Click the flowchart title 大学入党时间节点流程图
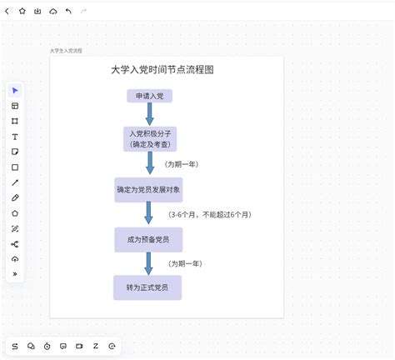pyautogui.click(x=162, y=70)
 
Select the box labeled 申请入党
pyautogui.click(x=149, y=96)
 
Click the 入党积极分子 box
pyautogui.click(x=150, y=139)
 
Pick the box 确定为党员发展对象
pyautogui.click(x=148, y=190)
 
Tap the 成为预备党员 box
pyautogui.click(x=148, y=240)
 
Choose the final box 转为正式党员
pyautogui.click(x=147, y=287)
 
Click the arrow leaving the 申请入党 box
pyautogui.click(x=149, y=114)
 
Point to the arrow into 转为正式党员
pyautogui.click(x=148, y=263)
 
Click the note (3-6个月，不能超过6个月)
pyautogui.click(x=210, y=215)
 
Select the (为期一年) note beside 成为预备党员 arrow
pyautogui.click(x=185, y=263)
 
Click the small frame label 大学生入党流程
pyautogui.click(x=66, y=51)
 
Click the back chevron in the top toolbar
pyautogui.click(x=7, y=11)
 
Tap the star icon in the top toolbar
pyautogui.click(x=22, y=11)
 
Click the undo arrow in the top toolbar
pyautogui.click(x=68, y=11)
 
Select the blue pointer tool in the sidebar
pyautogui.click(x=15, y=91)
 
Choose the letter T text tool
pyautogui.click(x=15, y=137)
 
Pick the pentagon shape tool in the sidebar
pyautogui.click(x=15, y=213)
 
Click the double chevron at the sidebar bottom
pyautogui.click(x=15, y=274)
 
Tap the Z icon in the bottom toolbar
pyautogui.click(x=96, y=346)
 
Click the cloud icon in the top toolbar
pyautogui.click(x=53, y=12)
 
